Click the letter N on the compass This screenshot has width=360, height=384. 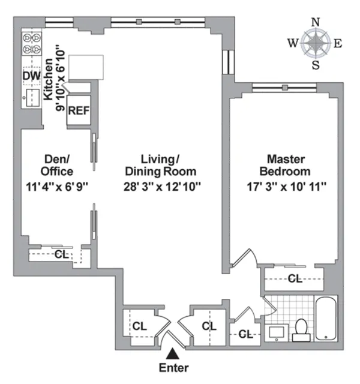316,23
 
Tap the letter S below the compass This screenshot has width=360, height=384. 316,65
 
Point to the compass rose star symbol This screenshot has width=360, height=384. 315,43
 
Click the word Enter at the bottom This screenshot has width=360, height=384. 174,367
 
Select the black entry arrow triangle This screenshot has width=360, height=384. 173,354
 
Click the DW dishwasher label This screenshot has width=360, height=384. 31,76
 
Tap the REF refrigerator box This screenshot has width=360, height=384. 77,110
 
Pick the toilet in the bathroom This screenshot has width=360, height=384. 301,328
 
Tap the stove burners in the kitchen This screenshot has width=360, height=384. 31,44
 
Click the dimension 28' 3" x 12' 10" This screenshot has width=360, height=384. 160,186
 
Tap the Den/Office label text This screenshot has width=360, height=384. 58,166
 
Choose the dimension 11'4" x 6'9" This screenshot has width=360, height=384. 58,186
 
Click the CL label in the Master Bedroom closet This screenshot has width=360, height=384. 294,278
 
